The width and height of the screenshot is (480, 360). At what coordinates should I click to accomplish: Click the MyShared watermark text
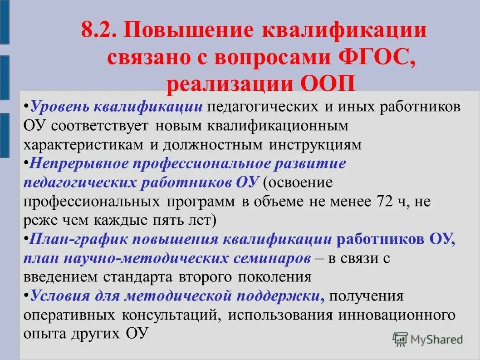[437, 339]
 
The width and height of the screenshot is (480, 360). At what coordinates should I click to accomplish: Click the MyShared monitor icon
[400, 339]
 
